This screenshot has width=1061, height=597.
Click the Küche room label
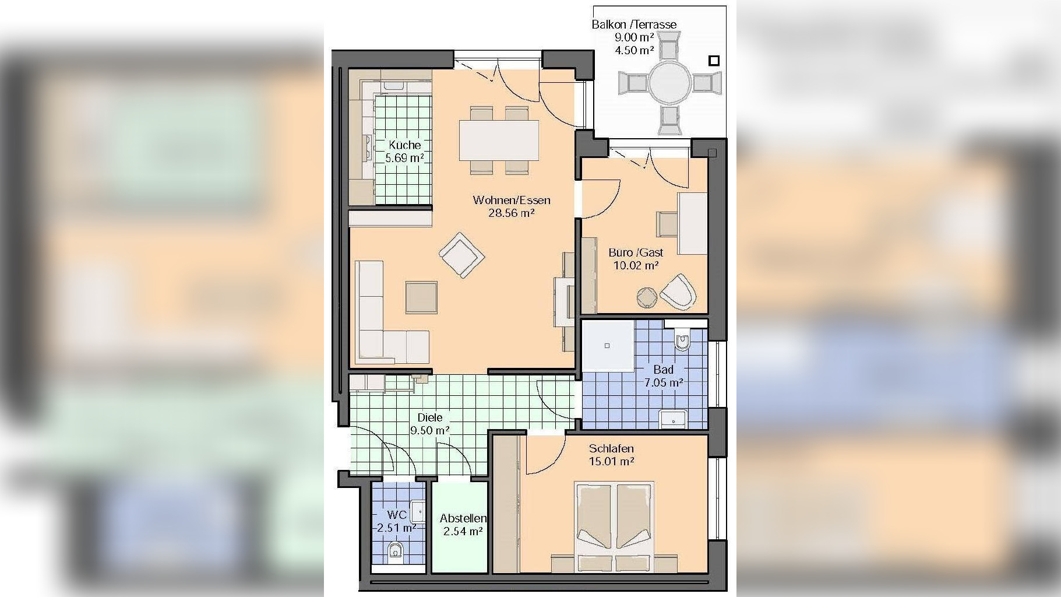pos(405,145)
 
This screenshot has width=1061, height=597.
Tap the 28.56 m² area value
pos(512,213)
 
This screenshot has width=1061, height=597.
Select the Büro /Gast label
pos(636,252)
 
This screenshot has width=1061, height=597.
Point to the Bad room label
pos(663,370)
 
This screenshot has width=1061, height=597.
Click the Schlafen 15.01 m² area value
pos(611,461)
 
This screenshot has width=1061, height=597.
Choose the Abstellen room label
pos(463,518)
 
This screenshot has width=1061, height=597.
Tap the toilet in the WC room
pos(395,549)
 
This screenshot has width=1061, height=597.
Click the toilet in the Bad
pos(682,340)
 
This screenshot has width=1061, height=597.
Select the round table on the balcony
pos(670,83)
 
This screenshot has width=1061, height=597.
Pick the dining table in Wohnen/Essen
pos(499,140)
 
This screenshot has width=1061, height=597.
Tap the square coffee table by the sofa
pos(421,297)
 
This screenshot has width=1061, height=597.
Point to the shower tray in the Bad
pos(608,346)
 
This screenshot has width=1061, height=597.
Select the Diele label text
pos(430,417)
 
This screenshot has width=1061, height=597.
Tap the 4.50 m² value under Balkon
pos(635,50)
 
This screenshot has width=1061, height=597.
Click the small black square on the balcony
pos(714,61)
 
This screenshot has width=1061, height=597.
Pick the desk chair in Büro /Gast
pos(668,224)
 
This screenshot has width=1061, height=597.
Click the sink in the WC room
pos(418,511)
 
